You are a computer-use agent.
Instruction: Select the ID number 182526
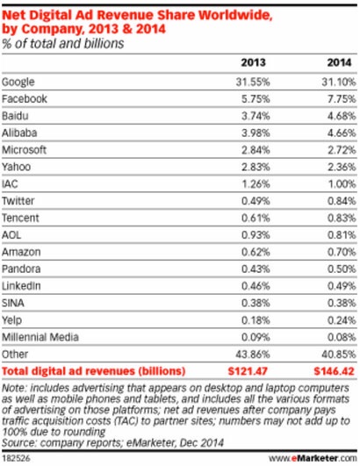tap(17, 458)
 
